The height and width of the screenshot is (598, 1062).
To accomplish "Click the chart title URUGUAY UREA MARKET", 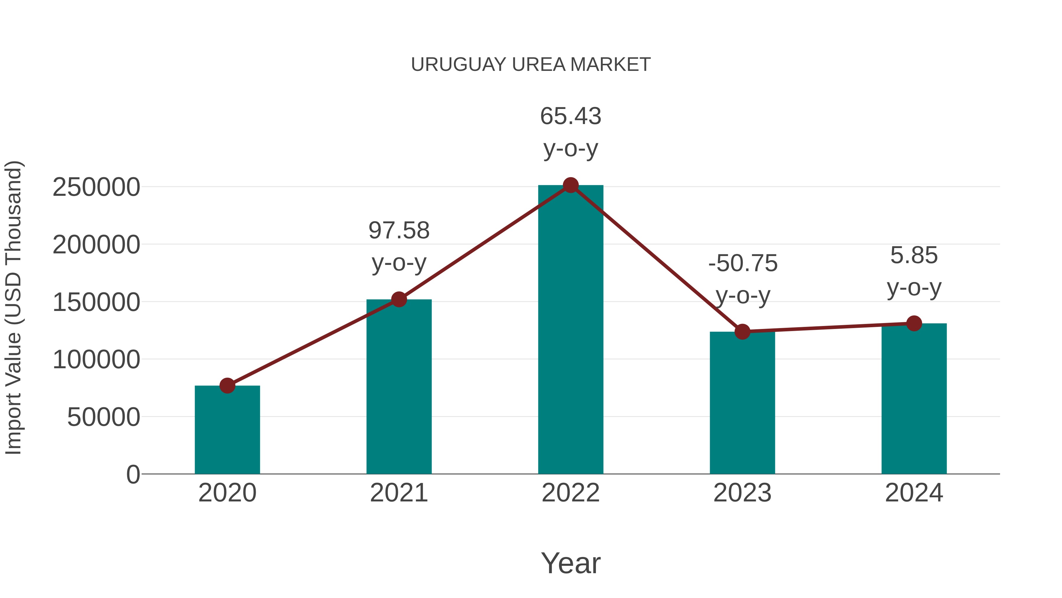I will coord(531,65).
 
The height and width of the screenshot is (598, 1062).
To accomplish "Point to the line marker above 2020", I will coord(227,385).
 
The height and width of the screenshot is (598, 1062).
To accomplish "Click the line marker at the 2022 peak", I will coord(571,185).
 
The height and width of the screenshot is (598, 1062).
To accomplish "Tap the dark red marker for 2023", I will coord(742,331).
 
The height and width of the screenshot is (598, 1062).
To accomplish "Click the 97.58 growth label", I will coord(399,230).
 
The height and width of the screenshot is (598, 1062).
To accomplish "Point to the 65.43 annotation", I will coord(571,116).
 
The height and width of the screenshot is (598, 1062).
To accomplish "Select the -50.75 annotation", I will coord(743,263).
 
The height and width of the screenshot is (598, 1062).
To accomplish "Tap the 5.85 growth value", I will coord(914,255).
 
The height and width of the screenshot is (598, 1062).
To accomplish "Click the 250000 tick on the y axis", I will coord(96,187).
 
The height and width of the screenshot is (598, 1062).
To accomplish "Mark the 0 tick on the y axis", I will coord(133,474).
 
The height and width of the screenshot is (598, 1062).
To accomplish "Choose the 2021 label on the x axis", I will coord(399,493).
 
